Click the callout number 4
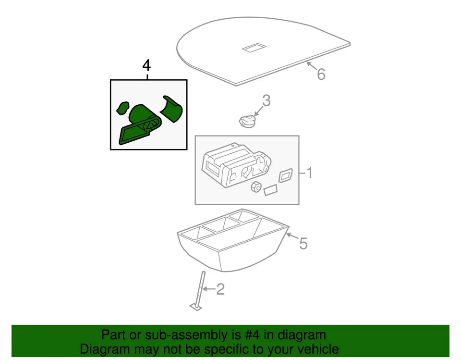pyautogui.click(x=146, y=65)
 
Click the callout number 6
pyautogui.click(x=321, y=74)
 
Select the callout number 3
pyautogui.click(x=266, y=101)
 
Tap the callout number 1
pyautogui.click(x=310, y=173)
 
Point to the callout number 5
pyautogui.click(x=303, y=244)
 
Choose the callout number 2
pyautogui.click(x=220, y=289)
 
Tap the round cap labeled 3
pyautogui.click(x=247, y=121)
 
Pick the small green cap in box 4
pyautogui.click(x=123, y=108)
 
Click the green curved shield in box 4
pyautogui.click(x=171, y=109)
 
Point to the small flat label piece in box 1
pyautogui.click(x=271, y=190)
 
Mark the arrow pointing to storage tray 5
pyautogui.click(x=290, y=236)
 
